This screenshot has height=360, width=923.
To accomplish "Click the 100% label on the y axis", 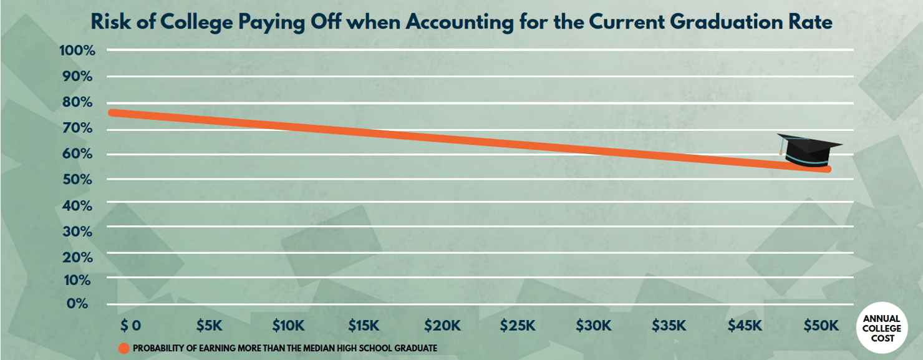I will point(77,51).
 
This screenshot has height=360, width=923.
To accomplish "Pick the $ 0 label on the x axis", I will point(131,325).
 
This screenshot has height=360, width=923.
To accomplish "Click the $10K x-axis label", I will point(288,325).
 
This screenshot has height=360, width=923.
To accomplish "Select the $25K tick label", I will point(518,325).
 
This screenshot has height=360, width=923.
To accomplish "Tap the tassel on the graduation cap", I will point(781,149).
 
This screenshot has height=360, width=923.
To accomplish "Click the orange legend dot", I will point(123,348).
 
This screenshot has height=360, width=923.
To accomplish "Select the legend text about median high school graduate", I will point(284,348).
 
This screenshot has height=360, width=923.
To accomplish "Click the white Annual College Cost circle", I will point(881,329).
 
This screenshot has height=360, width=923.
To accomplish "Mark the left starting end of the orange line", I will point(112,113).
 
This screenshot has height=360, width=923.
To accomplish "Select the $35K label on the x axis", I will point(669,325).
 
